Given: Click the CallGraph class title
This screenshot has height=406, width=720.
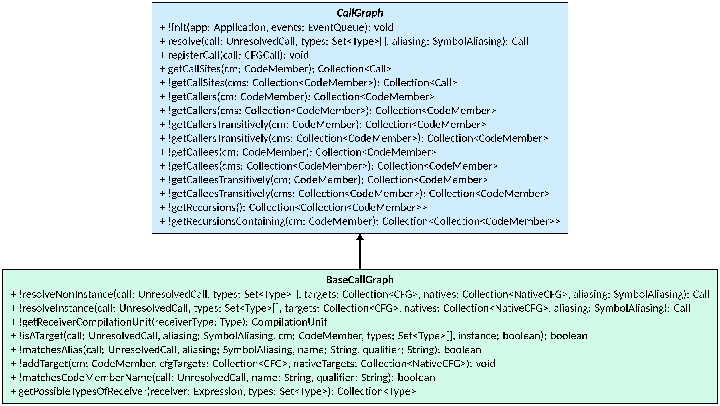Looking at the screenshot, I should coord(360,13).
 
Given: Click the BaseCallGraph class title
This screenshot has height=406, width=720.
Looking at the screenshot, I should coord(360,280).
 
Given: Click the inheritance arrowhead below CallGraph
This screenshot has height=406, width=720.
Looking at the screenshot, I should coord(360,237).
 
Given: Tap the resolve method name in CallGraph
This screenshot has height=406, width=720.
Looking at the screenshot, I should coord(185,41).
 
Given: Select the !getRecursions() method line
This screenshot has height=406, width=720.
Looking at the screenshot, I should coord(293,208).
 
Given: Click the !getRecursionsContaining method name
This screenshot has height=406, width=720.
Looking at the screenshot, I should coord(226,221).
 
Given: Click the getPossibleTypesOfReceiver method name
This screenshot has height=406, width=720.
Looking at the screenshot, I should coord(82,391).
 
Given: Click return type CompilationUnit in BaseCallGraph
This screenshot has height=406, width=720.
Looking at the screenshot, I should coord(289,322).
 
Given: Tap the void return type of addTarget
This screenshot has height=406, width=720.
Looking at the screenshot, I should coord(485,364).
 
